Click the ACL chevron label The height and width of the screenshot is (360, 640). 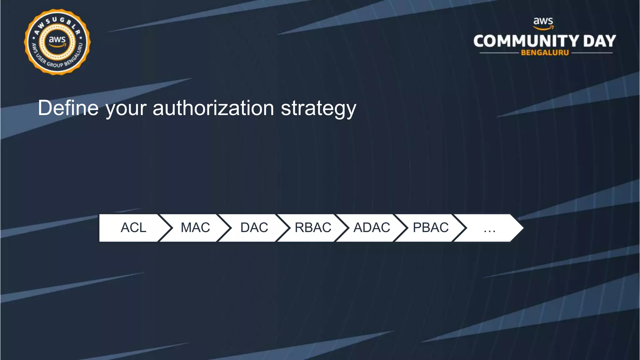click(133, 228)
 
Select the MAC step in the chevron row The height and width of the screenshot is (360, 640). click(195, 228)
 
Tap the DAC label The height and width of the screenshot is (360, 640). click(254, 228)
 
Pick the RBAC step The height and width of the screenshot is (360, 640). click(313, 228)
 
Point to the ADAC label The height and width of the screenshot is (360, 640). click(372, 228)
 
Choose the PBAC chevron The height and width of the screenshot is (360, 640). click(431, 228)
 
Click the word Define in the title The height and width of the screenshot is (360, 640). click(68, 108)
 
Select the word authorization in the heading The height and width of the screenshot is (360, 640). click(213, 108)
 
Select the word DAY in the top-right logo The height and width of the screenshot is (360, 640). click(599, 41)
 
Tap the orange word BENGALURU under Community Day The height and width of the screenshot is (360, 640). click(545, 53)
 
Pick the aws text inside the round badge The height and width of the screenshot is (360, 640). click(57, 40)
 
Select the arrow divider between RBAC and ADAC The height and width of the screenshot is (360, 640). click(342, 228)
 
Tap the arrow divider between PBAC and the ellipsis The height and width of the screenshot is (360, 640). click(460, 228)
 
